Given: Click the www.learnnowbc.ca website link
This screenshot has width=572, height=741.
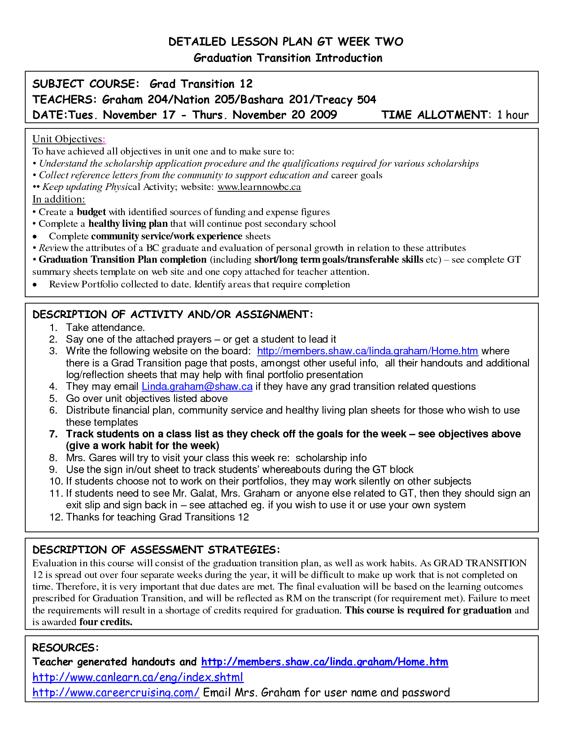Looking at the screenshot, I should tap(259, 187).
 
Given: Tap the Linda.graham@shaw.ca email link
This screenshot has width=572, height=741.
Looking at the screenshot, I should tap(197, 387).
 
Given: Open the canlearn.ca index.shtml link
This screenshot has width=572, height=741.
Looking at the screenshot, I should tap(138, 677).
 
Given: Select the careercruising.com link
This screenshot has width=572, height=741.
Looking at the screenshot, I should tap(116, 692).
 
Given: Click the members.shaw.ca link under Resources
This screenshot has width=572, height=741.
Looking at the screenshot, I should tap(324, 662).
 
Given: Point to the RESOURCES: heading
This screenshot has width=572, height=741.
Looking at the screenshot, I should tap(65, 648).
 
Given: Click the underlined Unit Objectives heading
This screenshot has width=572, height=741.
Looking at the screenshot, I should tap(68, 139).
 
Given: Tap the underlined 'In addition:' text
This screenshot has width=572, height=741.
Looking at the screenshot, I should tap(59, 199).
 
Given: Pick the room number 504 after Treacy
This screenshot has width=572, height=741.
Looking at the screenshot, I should tap(367, 100).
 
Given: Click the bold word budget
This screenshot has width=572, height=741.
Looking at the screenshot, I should tap(91, 212).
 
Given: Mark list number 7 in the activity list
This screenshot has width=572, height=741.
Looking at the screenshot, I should tap(53, 434).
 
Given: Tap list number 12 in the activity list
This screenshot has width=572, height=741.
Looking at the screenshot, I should tap(56, 517).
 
